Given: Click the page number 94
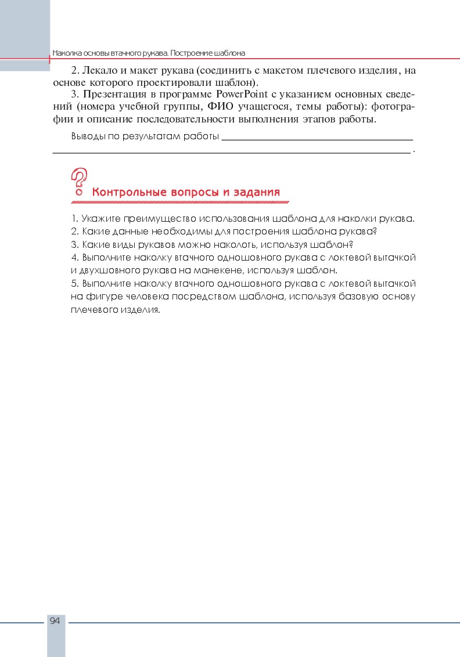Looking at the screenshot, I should click(55, 621).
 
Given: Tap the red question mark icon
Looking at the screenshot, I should click(79, 181).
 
